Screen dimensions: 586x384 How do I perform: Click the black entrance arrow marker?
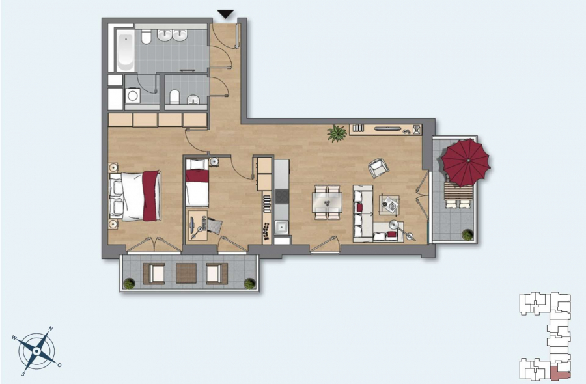225,14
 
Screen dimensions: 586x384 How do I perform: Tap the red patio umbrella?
466,162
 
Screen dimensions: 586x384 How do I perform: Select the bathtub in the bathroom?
125,50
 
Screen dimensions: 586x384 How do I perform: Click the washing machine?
132,96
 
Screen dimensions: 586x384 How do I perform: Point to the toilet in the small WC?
174,97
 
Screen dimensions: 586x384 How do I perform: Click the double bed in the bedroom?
135,195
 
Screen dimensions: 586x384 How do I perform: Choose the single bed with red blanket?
197,182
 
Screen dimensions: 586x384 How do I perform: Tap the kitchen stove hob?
282,196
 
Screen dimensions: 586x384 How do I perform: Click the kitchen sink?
281,226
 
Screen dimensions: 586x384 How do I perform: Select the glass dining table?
327,202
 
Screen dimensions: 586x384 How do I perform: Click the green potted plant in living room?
337,133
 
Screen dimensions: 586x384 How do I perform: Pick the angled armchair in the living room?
378,168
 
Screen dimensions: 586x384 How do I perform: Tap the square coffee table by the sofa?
390,205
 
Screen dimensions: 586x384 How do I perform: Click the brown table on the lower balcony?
186,273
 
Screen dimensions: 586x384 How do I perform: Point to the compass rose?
36,351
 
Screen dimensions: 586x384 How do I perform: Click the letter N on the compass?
51,329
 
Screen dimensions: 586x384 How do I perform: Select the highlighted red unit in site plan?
560,374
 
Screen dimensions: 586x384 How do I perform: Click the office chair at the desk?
214,226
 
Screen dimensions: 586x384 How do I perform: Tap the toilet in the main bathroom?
146,36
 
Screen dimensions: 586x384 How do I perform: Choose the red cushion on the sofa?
359,208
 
